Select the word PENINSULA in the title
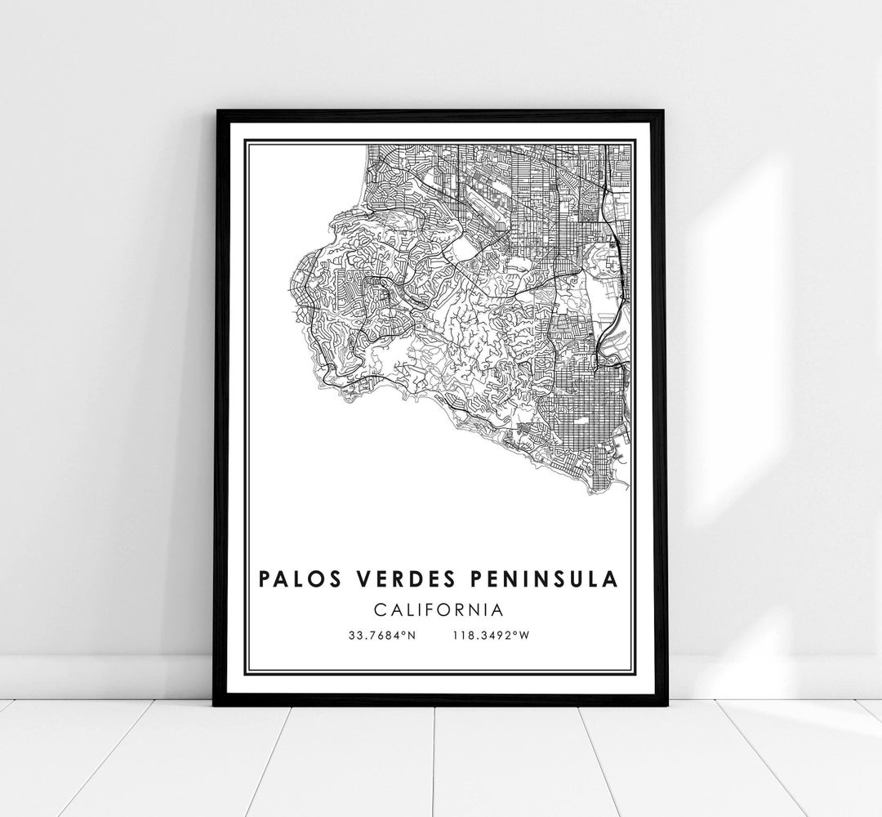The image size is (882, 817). point(540,579)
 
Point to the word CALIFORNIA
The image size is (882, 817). point(439,609)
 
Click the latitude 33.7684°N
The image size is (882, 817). point(381,636)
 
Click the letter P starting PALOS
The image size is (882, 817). point(264,579)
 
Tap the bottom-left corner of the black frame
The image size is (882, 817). point(215,704)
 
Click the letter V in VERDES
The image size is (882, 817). point(356,579)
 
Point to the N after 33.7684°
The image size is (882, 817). point(412,636)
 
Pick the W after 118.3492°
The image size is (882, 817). point(527,636)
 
